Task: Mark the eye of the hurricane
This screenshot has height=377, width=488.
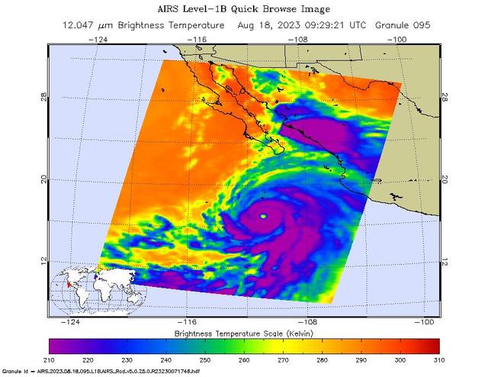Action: coord(264,217)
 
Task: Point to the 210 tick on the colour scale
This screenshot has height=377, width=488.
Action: coord(50,359)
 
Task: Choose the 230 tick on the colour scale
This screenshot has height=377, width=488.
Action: coord(127,359)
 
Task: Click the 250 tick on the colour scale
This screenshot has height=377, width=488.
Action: coord(205,359)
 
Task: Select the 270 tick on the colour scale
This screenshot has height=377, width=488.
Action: coord(284,359)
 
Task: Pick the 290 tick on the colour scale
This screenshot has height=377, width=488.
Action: coord(361,359)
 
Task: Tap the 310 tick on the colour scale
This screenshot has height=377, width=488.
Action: coord(439,359)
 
